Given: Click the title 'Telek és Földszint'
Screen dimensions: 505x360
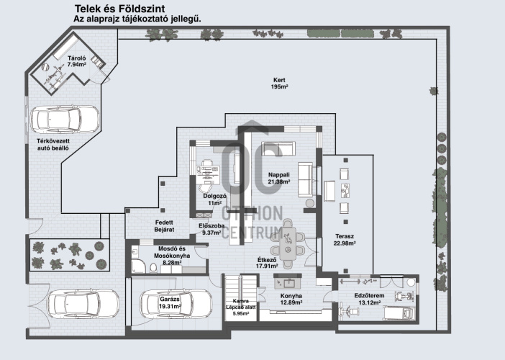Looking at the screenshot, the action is (x=120, y=9).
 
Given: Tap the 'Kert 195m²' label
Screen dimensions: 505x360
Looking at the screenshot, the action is (x=279, y=83).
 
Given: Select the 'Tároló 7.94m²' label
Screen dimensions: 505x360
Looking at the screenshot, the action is (x=77, y=61).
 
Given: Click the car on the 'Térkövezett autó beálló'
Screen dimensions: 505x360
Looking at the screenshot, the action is (x=65, y=120).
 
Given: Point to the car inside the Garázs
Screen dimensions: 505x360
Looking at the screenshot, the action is (x=176, y=303).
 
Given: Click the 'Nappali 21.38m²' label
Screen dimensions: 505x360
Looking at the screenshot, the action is (x=279, y=179).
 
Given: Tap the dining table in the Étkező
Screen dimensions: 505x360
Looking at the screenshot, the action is (x=288, y=244).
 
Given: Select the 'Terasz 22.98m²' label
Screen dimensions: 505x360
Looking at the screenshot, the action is (x=345, y=240).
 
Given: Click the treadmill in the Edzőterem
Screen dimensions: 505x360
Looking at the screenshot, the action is (x=399, y=312).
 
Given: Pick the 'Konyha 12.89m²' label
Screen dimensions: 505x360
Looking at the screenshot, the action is (x=291, y=299).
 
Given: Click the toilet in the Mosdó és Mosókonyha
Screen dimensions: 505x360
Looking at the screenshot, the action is (x=153, y=268).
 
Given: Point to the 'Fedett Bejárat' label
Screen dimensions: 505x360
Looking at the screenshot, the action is (x=164, y=226).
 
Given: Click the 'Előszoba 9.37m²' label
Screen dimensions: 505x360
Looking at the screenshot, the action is (x=211, y=229).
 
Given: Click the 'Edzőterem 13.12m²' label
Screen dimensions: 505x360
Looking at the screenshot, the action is (x=370, y=299).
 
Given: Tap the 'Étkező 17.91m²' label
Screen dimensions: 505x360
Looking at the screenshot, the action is (x=267, y=263).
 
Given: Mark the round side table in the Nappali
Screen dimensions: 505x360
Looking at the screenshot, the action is (x=310, y=203).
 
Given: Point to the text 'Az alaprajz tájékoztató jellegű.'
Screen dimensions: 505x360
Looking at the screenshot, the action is (x=137, y=19).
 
